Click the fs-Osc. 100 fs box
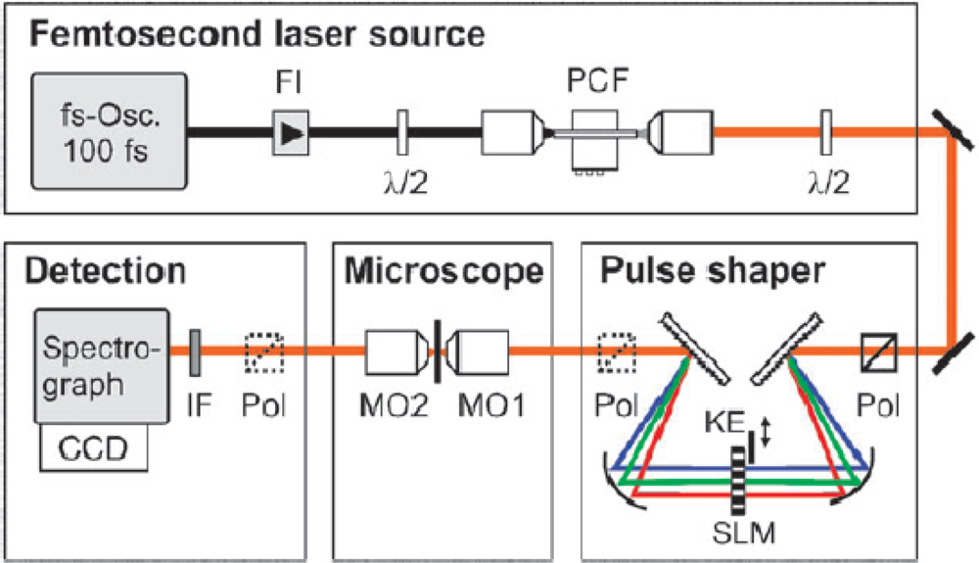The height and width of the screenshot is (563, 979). click(x=110, y=131)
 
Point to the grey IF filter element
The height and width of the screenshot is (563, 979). click(x=195, y=348)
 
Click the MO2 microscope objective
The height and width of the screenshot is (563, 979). click(x=396, y=349)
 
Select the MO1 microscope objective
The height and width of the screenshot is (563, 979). click(x=479, y=349)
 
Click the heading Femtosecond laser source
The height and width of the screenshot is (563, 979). click(x=256, y=36)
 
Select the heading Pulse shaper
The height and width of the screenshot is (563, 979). click(x=712, y=271)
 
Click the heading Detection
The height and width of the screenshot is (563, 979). click(x=104, y=271)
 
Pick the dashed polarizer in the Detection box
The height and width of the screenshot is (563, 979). click(x=263, y=349)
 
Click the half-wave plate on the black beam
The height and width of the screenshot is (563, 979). click(x=402, y=132)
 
